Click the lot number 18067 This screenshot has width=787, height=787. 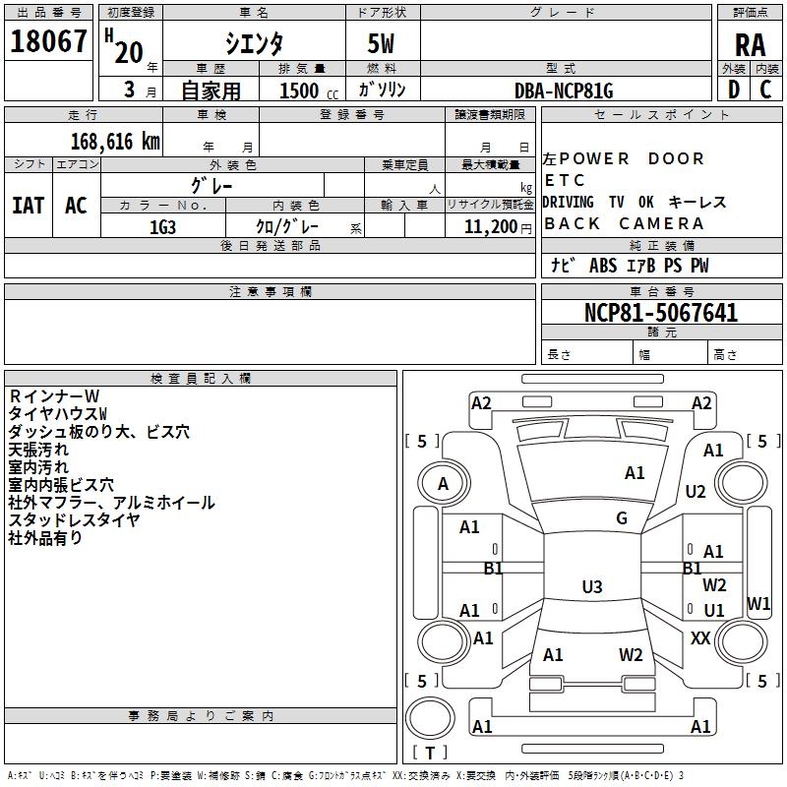pyautogui.click(x=48, y=42)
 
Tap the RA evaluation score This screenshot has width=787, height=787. pyautogui.click(x=750, y=43)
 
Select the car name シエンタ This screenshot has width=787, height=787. pyautogui.click(x=254, y=42)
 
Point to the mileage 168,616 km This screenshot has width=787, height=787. pyautogui.click(x=114, y=141)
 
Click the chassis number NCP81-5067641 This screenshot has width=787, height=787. pyautogui.click(x=661, y=313)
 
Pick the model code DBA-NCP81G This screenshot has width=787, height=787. pyautogui.click(x=564, y=91)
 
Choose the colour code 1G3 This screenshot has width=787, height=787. pyautogui.click(x=162, y=226)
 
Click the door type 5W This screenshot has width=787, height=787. pyautogui.click(x=383, y=42)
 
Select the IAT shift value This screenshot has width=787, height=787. pyautogui.click(x=28, y=206)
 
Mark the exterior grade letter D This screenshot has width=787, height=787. pyautogui.click(x=733, y=90)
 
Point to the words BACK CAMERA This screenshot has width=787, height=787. pyautogui.click(x=624, y=223)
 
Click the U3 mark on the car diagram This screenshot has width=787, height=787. pyautogui.click(x=591, y=587)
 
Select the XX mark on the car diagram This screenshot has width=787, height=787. pyautogui.click(x=700, y=638)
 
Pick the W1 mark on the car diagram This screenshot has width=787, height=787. pyautogui.click(x=758, y=603)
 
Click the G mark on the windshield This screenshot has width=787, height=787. pyautogui.click(x=622, y=518)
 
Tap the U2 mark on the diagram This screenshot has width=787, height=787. pyautogui.click(x=696, y=491)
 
